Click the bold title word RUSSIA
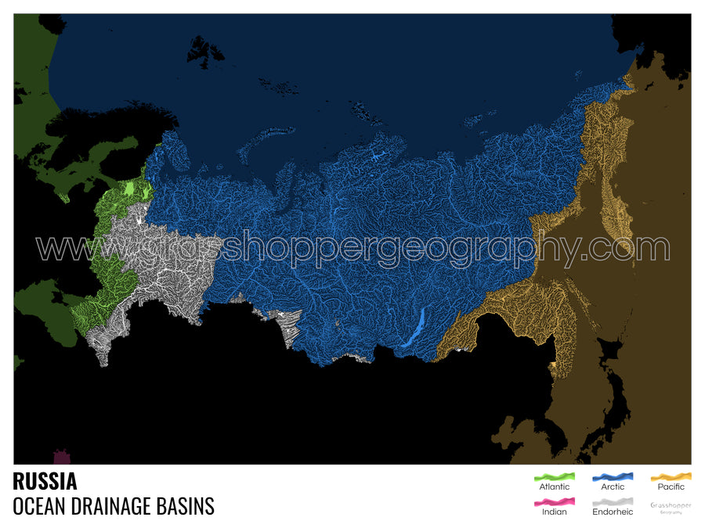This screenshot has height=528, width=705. pos(45,480)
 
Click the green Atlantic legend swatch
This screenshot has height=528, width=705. pos(555,476)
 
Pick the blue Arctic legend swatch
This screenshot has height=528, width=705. pos(613,476)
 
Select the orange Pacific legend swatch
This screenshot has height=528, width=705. pos(671,476)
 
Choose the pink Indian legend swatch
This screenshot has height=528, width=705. pos(555,501)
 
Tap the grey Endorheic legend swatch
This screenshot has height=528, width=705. pos(613,501)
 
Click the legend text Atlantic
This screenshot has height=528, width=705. pos(555,487)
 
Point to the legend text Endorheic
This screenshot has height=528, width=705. pos(613,512)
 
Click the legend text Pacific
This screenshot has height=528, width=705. pos(671,487)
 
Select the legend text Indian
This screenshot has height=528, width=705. pos(555,512)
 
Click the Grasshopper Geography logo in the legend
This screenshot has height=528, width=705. pos(671,507)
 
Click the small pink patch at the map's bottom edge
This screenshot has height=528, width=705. pos(61,457)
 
